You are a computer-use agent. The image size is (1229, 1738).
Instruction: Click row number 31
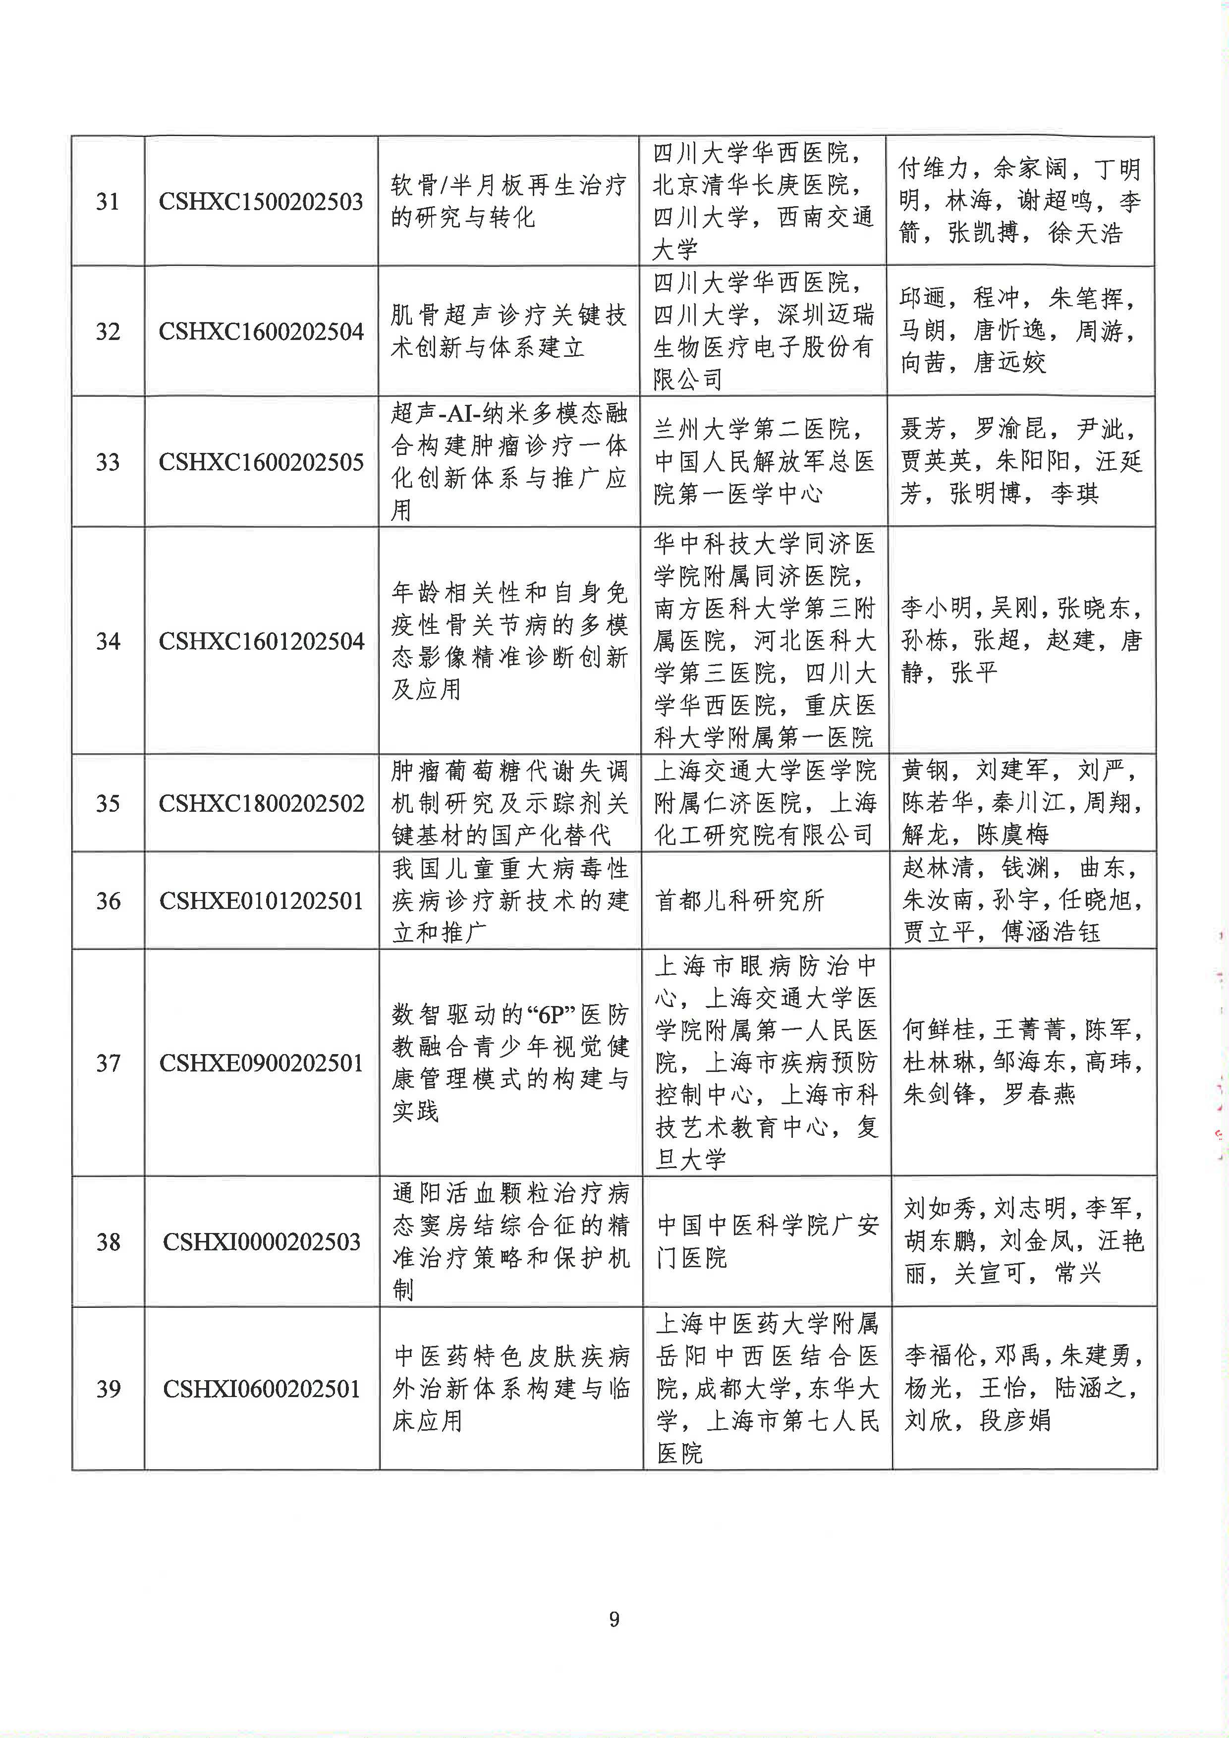[108, 201]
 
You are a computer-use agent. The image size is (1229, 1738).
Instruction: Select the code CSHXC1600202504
[261, 332]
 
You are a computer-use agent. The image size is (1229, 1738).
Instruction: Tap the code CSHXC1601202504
[261, 641]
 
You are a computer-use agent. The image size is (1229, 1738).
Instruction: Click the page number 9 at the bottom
[614, 1619]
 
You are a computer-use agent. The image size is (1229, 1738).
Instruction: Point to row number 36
[108, 901]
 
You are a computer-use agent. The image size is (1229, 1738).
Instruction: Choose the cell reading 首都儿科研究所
[739, 901]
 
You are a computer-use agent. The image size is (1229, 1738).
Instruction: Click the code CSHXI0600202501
[262, 1389]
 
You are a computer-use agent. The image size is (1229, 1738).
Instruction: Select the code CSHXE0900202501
[262, 1063]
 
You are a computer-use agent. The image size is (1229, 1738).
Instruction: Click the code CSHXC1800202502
[261, 803]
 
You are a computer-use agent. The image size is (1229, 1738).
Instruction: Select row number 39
[108, 1389]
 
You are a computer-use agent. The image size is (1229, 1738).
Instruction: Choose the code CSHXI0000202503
[262, 1241]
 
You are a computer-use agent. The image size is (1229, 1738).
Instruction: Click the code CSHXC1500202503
[261, 201]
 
